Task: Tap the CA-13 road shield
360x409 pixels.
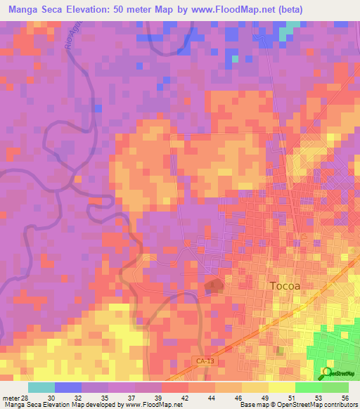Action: click(x=202, y=361)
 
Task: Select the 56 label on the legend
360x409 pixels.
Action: click(x=345, y=398)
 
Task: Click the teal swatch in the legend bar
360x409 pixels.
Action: click(x=41, y=387)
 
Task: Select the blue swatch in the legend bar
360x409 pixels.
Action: click(x=68, y=387)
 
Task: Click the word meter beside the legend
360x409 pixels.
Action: click(x=11, y=398)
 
